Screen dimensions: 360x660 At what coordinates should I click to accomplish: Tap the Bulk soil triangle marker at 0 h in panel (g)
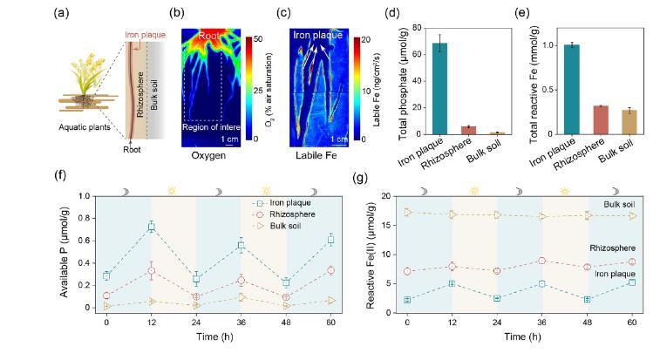[407, 212]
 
